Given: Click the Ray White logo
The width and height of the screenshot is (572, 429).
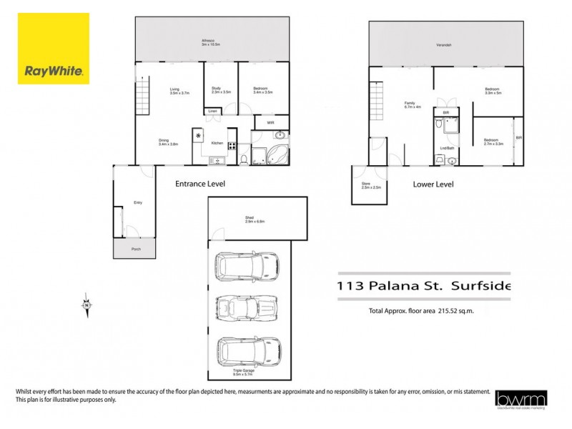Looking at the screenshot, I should point(54,49).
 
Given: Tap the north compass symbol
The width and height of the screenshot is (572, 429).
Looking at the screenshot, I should point(87,305).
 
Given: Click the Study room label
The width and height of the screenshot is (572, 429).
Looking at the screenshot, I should point(216,90).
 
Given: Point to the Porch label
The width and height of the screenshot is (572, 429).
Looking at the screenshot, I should point(136,249).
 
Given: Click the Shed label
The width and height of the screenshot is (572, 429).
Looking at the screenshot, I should point(255,220).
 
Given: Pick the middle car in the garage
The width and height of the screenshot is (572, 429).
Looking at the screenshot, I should point(247,308).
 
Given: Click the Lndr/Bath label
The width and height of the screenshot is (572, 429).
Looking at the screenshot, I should point(448,148).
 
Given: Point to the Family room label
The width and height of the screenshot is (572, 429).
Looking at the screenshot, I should point(410,104).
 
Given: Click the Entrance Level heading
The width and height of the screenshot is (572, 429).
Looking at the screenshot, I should point(200,184).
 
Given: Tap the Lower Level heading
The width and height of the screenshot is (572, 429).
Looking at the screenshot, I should point(433,184).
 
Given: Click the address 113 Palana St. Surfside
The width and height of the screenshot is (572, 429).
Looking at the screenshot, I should point(424,286).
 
